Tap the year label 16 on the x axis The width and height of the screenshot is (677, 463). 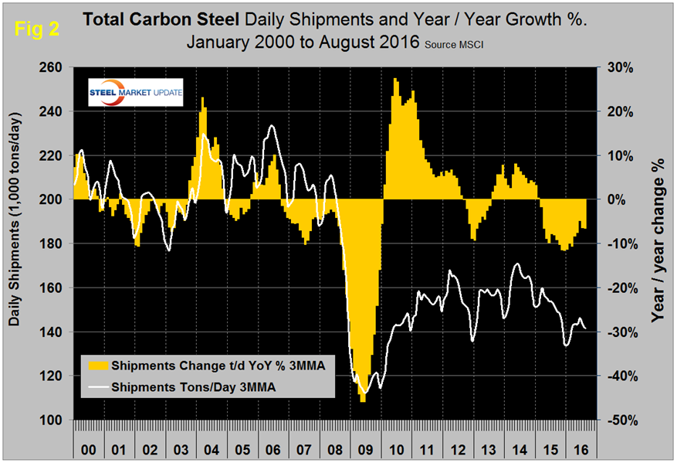point(578,446)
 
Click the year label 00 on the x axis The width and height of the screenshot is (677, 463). point(89,446)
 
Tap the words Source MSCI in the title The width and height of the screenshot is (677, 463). point(460,44)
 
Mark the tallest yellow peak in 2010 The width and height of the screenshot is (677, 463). point(396,80)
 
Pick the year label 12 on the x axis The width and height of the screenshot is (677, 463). point(458,446)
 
